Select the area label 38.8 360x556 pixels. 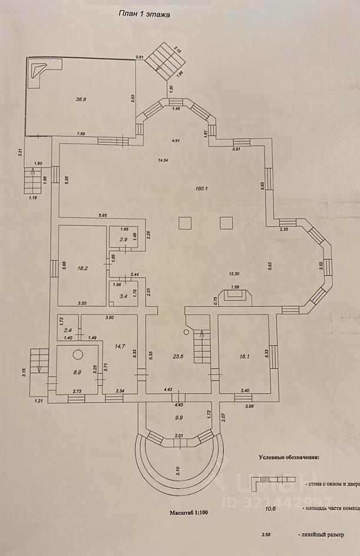pos(81,100)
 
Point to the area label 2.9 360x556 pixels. pos(123,240)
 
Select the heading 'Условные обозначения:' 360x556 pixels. pos(289,456)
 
